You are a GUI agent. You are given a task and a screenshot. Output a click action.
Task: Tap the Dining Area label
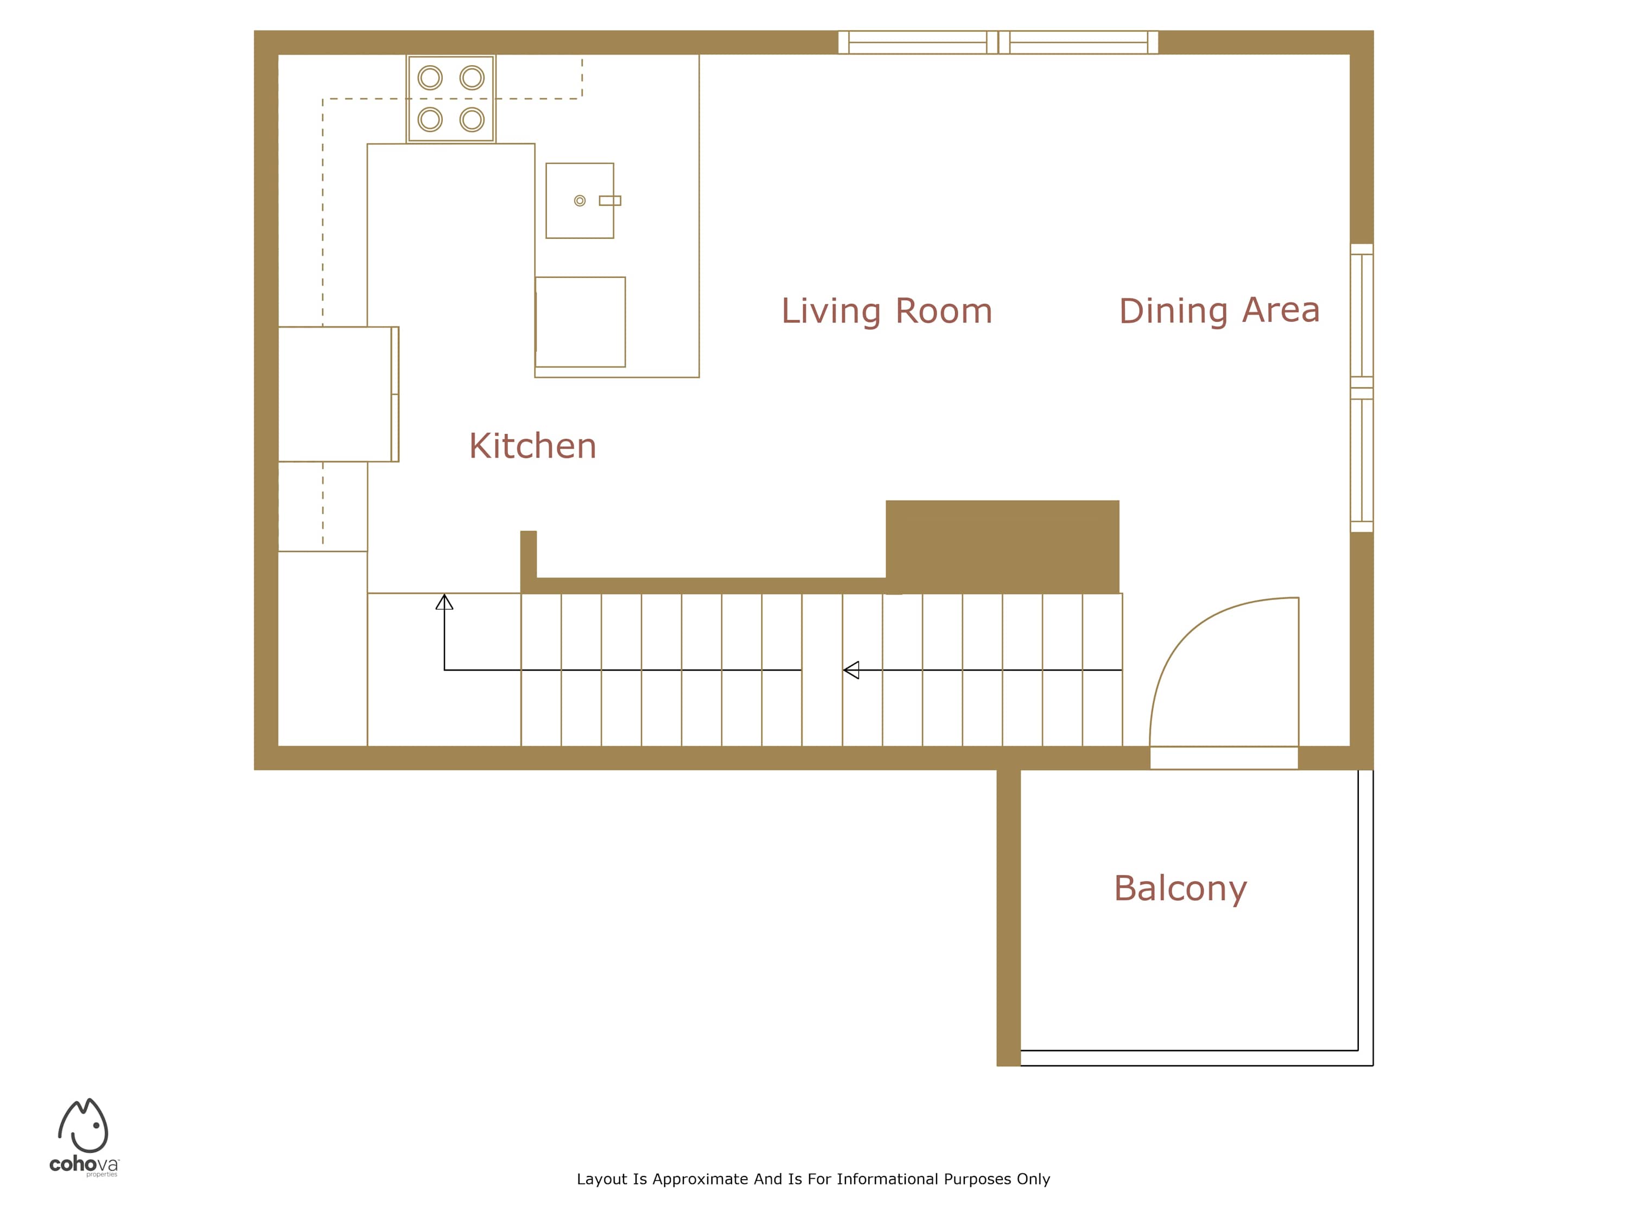click(x=1219, y=310)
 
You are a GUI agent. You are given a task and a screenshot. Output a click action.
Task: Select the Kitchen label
click(x=533, y=446)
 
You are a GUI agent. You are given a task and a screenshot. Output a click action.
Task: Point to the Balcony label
click(x=1180, y=889)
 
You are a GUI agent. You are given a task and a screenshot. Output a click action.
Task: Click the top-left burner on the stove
click(x=430, y=77)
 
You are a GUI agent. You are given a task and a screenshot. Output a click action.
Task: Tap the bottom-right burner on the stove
click(x=472, y=119)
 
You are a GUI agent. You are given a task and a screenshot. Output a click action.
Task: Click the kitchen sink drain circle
click(x=580, y=201)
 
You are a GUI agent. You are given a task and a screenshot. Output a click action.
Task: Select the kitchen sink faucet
click(x=610, y=201)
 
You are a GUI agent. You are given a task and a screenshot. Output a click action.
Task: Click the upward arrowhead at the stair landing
click(x=444, y=602)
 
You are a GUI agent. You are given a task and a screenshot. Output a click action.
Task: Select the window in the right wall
click(x=1362, y=388)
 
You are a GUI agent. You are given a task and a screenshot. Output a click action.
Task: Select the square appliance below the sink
click(x=580, y=322)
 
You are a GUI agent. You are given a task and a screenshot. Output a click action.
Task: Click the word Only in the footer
click(x=1033, y=1180)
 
